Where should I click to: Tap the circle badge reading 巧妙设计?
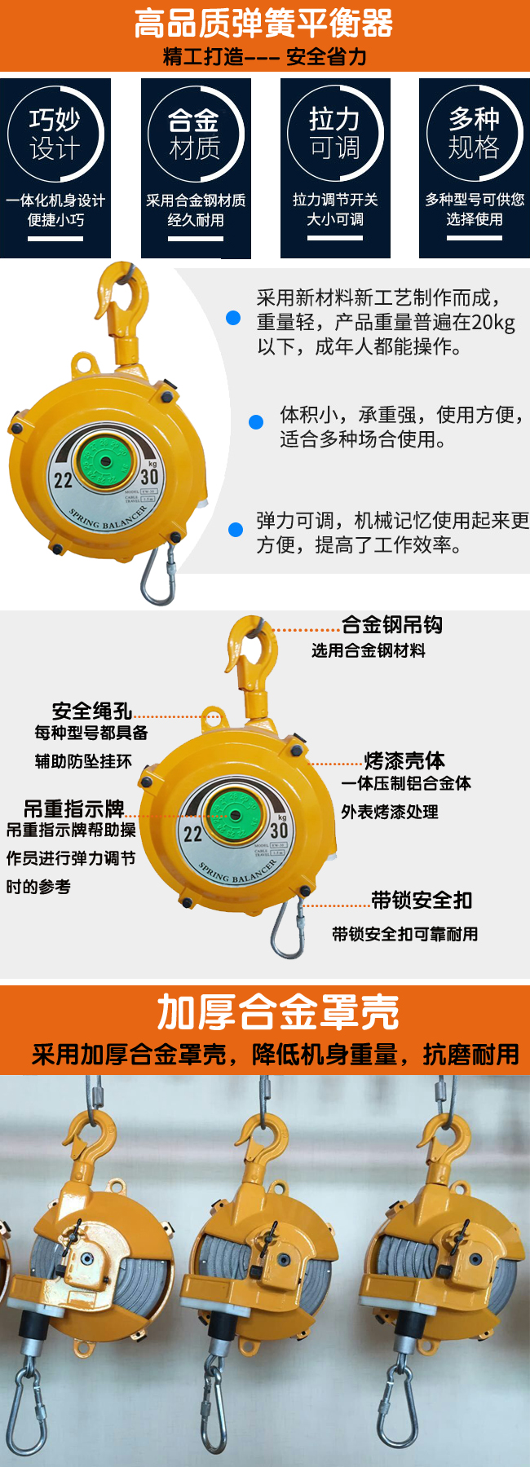(55, 134)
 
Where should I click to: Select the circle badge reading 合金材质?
(194, 134)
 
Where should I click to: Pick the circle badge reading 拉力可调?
(334, 133)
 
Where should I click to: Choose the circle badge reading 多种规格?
(474, 133)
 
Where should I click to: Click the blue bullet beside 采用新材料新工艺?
(233, 318)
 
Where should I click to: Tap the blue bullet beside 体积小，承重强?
(255, 421)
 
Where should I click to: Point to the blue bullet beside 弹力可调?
(236, 529)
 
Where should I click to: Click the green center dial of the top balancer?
(104, 461)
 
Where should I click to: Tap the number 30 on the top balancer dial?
(149, 477)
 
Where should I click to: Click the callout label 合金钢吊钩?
(391, 625)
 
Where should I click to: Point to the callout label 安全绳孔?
(91, 711)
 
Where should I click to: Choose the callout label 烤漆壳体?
(404, 760)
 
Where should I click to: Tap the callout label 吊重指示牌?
(73, 808)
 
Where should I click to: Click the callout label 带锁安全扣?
(422, 900)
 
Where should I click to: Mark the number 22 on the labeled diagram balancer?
(192, 834)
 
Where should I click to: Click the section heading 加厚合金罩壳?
(277, 1012)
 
